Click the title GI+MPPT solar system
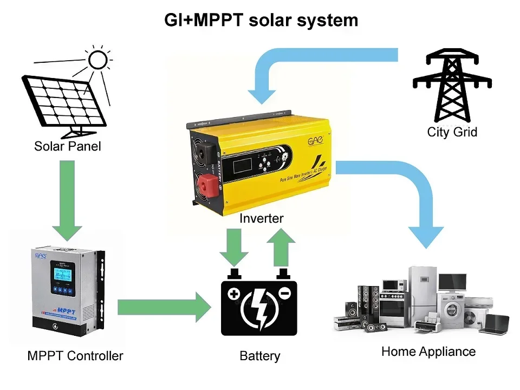(x=261, y=20)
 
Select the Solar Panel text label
(x=68, y=146)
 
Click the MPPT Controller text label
(x=75, y=356)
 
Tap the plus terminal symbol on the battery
(x=233, y=294)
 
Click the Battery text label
(x=260, y=356)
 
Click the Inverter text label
(x=261, y=218)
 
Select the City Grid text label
(x=452, y=132)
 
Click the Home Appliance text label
(x=428, y=352)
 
